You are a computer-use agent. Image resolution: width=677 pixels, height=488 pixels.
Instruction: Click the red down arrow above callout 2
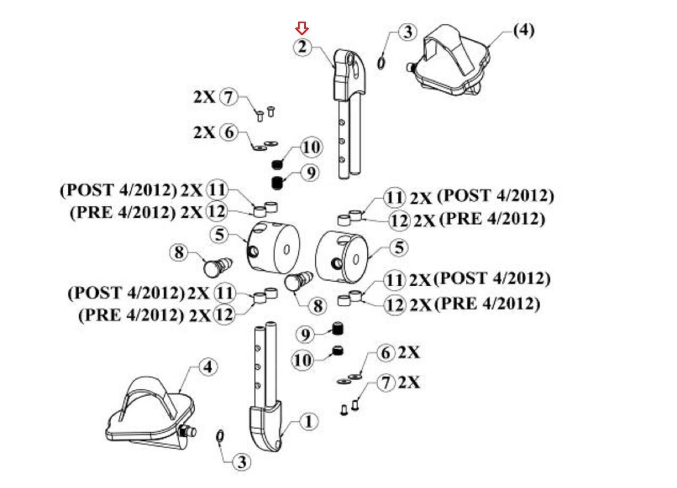click(302, 28)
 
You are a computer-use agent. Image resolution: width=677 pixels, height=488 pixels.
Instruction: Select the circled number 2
click(302, 47)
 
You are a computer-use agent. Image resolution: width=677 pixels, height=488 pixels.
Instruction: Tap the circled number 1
click(308, 421)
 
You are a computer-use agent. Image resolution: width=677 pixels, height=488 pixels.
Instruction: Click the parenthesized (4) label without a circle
click(524, 31)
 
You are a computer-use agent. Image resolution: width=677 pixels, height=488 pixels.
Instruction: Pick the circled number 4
click(208, 367)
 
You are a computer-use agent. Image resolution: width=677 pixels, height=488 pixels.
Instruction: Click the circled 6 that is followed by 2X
click(386, 353)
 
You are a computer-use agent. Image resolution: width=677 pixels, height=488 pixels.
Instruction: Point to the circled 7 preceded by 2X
click(229, 97)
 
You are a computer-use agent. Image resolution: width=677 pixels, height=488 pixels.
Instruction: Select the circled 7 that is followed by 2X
click(386, 383)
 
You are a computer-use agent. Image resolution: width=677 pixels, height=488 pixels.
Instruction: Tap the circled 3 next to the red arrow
click(408, 32)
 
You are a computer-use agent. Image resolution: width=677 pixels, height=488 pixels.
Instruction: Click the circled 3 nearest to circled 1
click(242, 462)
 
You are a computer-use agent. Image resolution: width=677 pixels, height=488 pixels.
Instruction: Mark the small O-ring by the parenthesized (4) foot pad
click(381, 63)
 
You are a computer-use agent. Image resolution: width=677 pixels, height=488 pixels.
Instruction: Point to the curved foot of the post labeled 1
click(266, 426)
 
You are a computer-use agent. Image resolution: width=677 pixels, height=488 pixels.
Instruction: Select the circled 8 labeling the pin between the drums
click(317, 306)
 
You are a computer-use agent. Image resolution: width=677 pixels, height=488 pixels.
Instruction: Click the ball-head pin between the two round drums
click(299, 281)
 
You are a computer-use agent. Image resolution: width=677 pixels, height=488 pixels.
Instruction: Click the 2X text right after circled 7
click(408, 383)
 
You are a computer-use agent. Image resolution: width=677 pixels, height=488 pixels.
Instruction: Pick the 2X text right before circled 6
click(205, 132)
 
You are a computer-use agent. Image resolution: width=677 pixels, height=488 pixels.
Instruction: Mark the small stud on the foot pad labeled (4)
click(410, 67)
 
